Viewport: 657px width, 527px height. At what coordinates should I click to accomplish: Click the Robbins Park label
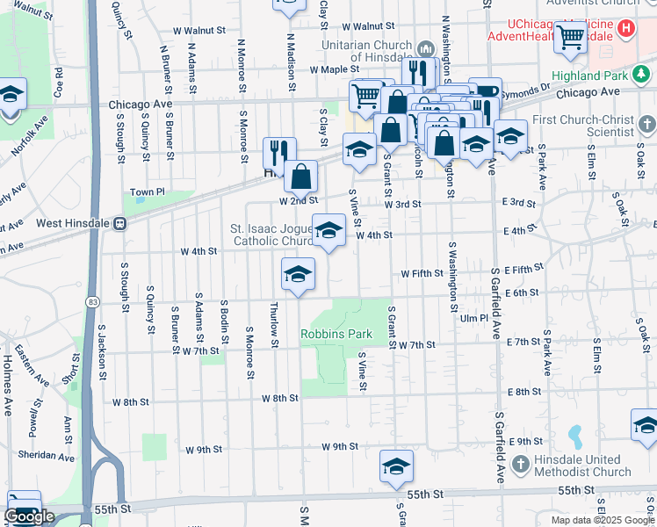coord(336,334)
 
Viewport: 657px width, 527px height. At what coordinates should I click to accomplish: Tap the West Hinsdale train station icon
coord(116,223)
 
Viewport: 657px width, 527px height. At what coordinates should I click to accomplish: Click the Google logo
coord(30,516)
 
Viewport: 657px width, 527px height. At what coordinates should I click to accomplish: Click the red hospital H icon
coord(626,28)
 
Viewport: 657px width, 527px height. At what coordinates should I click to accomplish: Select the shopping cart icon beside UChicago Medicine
coord(571,36)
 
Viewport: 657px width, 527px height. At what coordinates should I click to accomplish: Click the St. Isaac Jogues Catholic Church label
coord(272,235)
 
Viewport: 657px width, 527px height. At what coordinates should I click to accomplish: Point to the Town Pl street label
coord(148,191)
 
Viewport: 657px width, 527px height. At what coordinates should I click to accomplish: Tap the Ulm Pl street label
coord(473,317)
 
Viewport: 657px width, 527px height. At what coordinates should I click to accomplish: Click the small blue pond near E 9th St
coord(575,434)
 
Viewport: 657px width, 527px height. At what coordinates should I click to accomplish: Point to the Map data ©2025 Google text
coord(603,520)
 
